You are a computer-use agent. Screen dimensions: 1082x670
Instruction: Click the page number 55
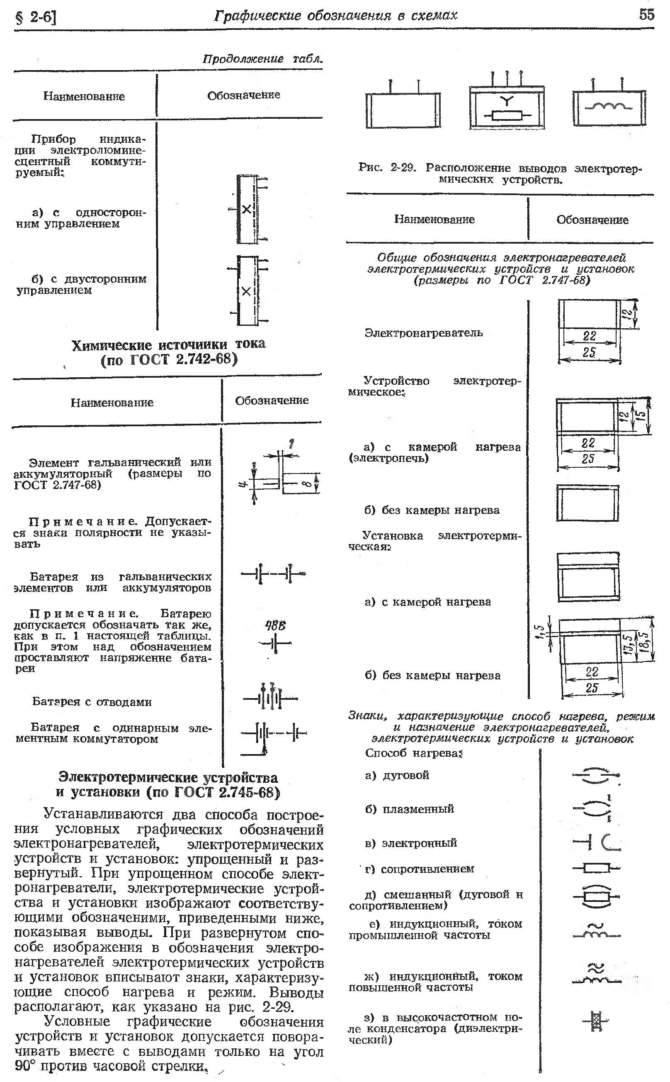tap(646, 15)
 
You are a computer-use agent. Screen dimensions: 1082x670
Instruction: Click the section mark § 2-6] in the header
tap(36, 17)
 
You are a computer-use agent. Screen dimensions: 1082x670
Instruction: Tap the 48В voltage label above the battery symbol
tap(275, 626)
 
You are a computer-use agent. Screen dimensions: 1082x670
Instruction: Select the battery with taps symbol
tap(270, 699)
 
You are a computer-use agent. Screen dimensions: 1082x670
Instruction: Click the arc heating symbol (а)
tap(597, 775)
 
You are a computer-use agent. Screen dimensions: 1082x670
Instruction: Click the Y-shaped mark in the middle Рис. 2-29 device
tap(507, 100)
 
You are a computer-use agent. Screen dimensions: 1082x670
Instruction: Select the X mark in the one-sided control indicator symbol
tap(246, 209)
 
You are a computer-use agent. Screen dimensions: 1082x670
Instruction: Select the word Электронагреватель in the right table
tap(423, 332)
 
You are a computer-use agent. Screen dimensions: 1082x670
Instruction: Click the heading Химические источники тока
tap(168, 344)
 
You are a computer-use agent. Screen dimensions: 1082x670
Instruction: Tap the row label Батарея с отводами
tap(92, 701)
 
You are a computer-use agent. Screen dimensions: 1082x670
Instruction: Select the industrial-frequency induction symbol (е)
tap(597, 931)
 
